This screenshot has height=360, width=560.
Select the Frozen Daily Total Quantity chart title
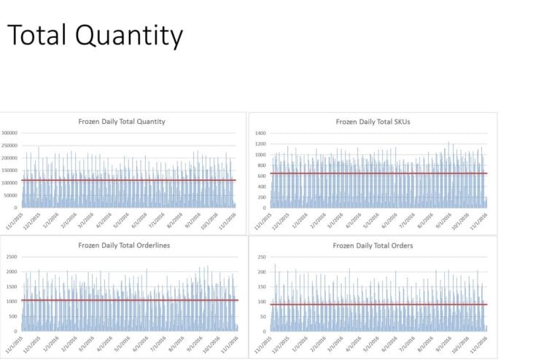pyautogui.click(x=122, y=121)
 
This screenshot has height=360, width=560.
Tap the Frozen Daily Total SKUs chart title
pyautogui.click(x=373, y=121)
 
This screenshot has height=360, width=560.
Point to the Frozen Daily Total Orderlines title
pyautogui.click(x=122, y=246)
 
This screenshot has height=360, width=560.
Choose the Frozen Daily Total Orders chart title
pyautogui.click(x=373, y=246)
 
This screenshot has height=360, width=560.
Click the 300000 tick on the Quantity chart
pyautogui.click(x=10, y=133)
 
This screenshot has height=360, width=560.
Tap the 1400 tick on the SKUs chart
pyautogui.click(x=261, y=133)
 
